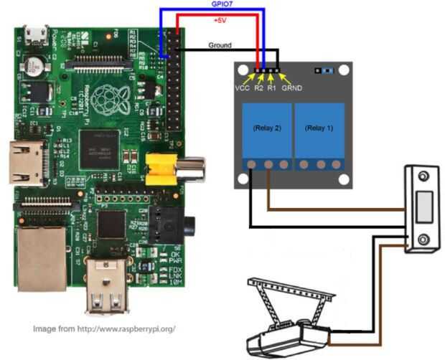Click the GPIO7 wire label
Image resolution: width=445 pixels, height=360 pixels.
tap(221, 4)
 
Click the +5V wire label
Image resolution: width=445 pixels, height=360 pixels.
tap(220, 21)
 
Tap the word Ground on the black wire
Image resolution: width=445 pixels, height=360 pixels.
tap(220, 44)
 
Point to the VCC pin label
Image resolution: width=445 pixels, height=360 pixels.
tap(242, 88)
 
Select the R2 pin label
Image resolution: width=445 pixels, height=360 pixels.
tap(259, 88)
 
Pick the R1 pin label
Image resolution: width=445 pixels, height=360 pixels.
tap(271, 88)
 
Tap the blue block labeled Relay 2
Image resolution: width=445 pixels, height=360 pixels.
tap(266, 129)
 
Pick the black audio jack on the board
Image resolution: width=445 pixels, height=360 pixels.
tap(182, 224)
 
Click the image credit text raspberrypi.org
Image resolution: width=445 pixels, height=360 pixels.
tap(104, 328)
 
